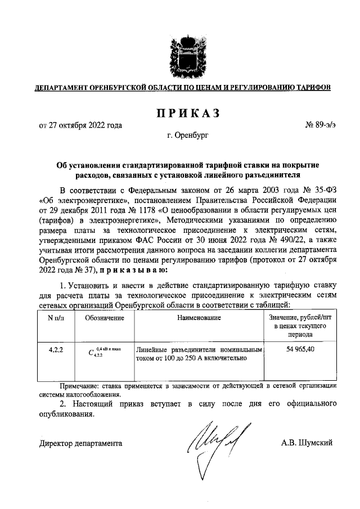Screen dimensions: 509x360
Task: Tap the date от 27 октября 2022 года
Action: pyautogui.click(x=80, y=125)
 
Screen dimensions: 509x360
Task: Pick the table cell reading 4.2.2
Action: pyautogui.click(x=56, y=349)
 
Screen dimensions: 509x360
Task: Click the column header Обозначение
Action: pyautogui.click(x=104, y=318)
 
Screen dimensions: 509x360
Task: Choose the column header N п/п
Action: pyautogui.click(x=56, y=318)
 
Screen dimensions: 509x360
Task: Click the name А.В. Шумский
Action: pyautogui.click(x=307, y=443)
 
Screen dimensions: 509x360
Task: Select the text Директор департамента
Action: pyautogui.click(x=80, y=443)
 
